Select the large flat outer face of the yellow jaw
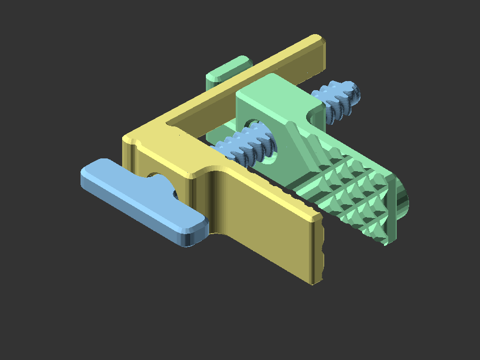tap(267, 235)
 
